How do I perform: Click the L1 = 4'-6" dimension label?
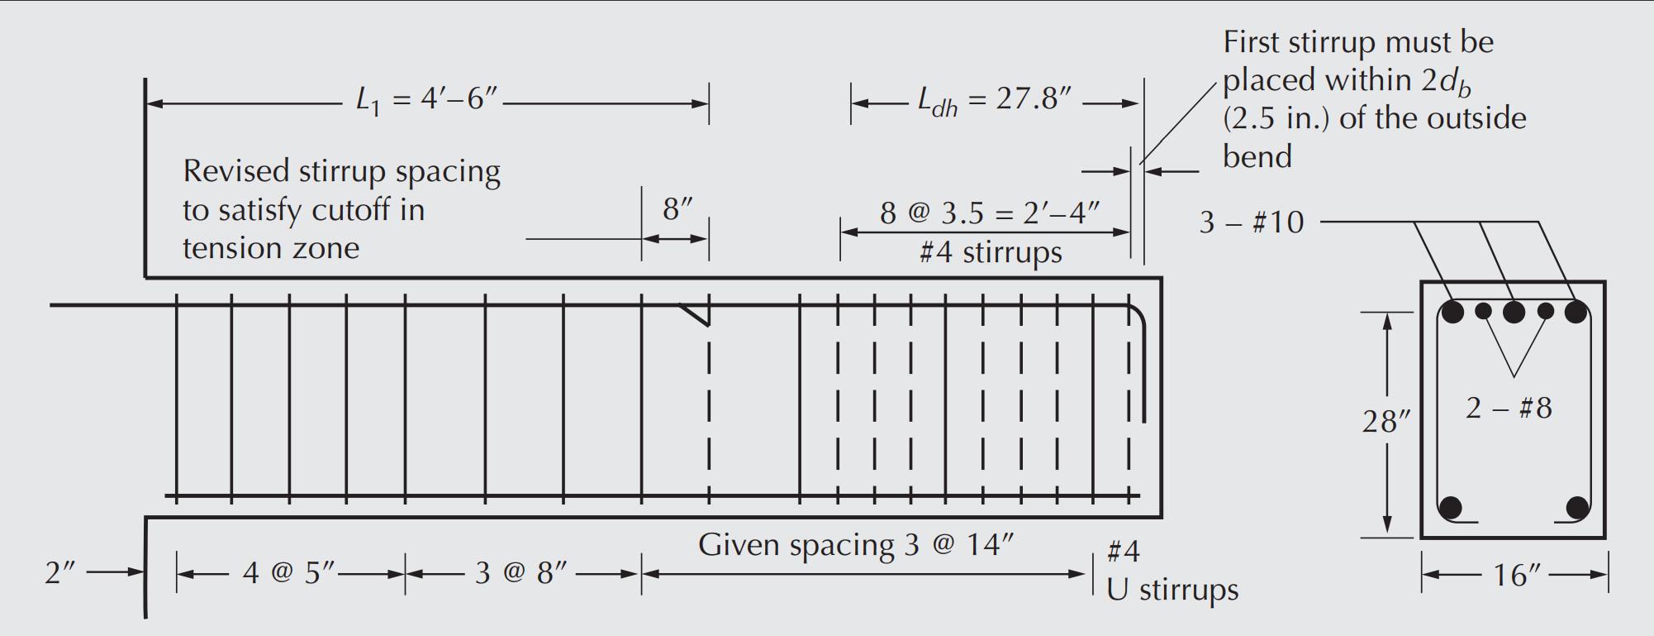pyautogui.click(x=426, y=101)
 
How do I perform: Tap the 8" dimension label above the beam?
pyautogui.click(x=677, y=209)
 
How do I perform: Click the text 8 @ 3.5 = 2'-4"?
pyautogui.click(x=989, y=213)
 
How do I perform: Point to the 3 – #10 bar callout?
pyautogui.click(x=1251, y=222)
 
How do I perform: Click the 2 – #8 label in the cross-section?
pyautogui.click(x=1509, y=409)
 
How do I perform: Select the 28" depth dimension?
pyautogui.click(x=1385, y=422)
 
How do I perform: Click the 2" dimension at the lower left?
pyautogui.click(x=60, y=572)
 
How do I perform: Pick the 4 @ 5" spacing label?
pyautogui.click(x=289, y=572)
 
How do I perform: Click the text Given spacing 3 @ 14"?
pyautogui.click(x=855, y=545)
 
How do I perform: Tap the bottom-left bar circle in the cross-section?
pyautogui.click(x=1450, y=507)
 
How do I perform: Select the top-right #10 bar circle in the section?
pyautogui.click(x=1576, y=312)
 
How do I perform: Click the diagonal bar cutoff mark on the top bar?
pyautogui.click(x=695, y=313)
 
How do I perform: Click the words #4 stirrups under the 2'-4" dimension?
pyautogui.click(x=990, y=252)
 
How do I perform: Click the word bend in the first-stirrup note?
pyautogui.click(x=1257, y=157)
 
